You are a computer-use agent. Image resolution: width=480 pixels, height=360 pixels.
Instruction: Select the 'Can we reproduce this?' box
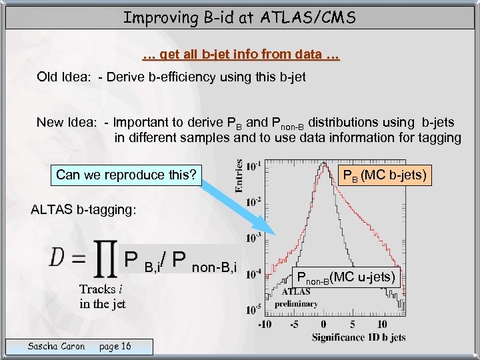pos(126,175)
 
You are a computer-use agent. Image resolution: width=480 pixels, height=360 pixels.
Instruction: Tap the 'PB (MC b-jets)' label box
pos(383,176)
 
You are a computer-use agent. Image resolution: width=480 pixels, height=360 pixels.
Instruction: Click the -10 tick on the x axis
pos(265,325)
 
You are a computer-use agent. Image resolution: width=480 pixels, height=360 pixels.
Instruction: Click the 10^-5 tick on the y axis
pos(253,310)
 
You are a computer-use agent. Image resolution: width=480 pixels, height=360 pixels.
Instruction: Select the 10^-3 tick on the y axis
pos(253,238)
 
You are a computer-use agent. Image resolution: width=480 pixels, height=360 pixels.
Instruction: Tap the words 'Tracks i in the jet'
pos(102,297)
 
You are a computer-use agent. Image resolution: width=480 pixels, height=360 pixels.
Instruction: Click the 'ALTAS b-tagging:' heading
pos(83,210)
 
